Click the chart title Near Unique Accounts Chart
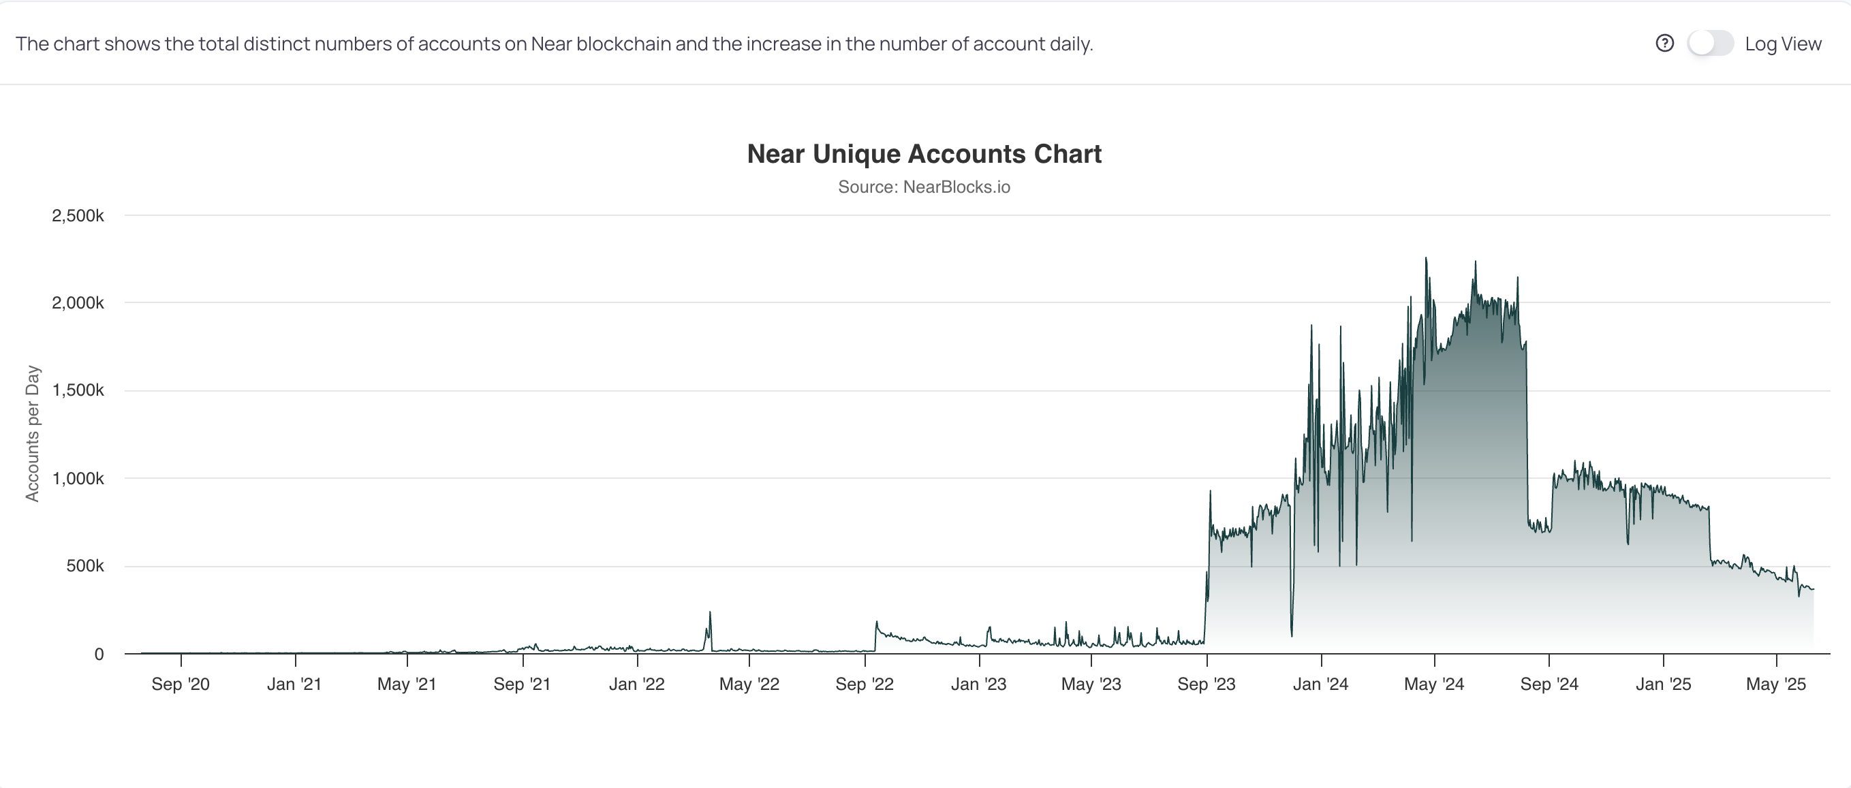click(x=924, y=154)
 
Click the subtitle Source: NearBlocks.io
click(x=924, y=187)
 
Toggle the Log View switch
click(x=1710, y=43)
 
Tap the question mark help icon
click(x=1664, y=43)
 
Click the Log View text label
click(x=1783, y=44)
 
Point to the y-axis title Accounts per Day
click(x=32, y=433)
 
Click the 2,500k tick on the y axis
click(x=78, y=215)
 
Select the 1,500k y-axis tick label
click(x=78, y=390)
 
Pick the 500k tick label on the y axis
click(x=84, y=566)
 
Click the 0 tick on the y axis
click(x=99, y=655)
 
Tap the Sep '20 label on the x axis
click(x=181, y=684)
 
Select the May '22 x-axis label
click(x=749, y=684)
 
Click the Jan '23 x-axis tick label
click(x=979, y=684)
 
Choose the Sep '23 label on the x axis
click(x=1207, y=684)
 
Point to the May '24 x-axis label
click(x=1434, y=684)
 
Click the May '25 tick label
click(x=1776, y=684)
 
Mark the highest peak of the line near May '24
click(x=1427, y=258)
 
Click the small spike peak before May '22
click(x=710, y=612)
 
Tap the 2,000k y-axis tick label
click(x=78, y=303)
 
